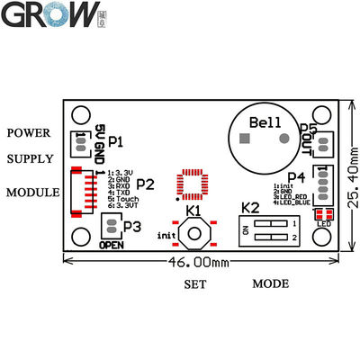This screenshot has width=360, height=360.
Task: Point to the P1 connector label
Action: click(x=115, y=142)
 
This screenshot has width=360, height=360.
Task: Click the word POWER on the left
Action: click(x=29, y=133)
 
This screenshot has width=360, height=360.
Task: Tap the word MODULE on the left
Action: click(x=32, y=192)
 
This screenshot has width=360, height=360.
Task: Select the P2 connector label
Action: click(x=146, y=184)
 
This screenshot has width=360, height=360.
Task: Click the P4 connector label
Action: click(x=296, y=177)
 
